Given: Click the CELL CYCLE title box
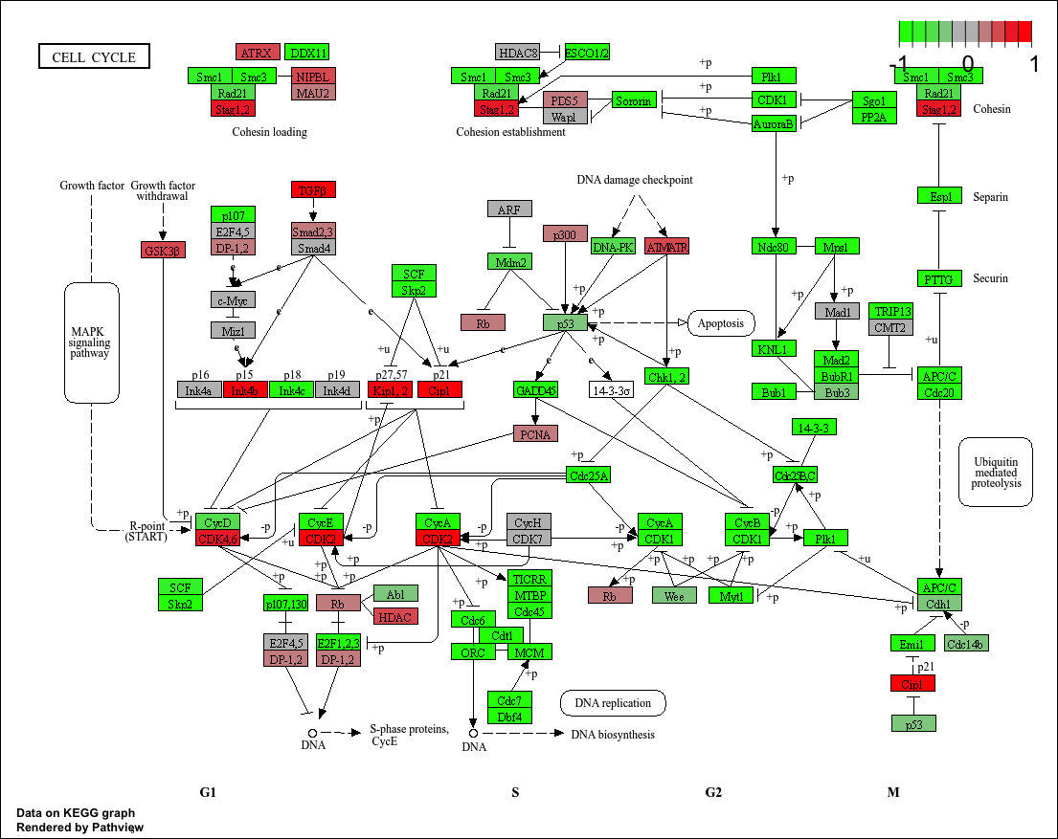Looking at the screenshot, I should (94, 56).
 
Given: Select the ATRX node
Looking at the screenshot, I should (258, 52).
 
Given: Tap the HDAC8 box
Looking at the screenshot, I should (518, 52).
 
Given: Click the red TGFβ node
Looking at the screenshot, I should (313, 189).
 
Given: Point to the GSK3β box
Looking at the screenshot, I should (163, 250).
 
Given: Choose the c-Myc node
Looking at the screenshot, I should (234, 299).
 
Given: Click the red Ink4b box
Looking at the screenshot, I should (245, 389).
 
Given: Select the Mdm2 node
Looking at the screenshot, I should (509, 261).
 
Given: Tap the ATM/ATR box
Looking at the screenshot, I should (667, 246).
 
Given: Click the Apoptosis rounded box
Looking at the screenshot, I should (721, 322).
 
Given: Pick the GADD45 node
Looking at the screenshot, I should (535, 389).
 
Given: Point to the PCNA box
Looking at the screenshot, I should (535, 433).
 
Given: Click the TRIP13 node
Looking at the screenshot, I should (891, 312).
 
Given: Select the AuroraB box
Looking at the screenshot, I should (775, 122).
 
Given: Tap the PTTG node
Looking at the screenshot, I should (939, 278).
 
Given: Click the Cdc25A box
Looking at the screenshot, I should (588, 475).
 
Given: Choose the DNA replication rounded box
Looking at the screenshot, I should (613, 703).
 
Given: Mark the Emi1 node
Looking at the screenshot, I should (912, 642).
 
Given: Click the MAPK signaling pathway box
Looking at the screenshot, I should (91, 342).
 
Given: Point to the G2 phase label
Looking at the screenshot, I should (713, 792).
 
